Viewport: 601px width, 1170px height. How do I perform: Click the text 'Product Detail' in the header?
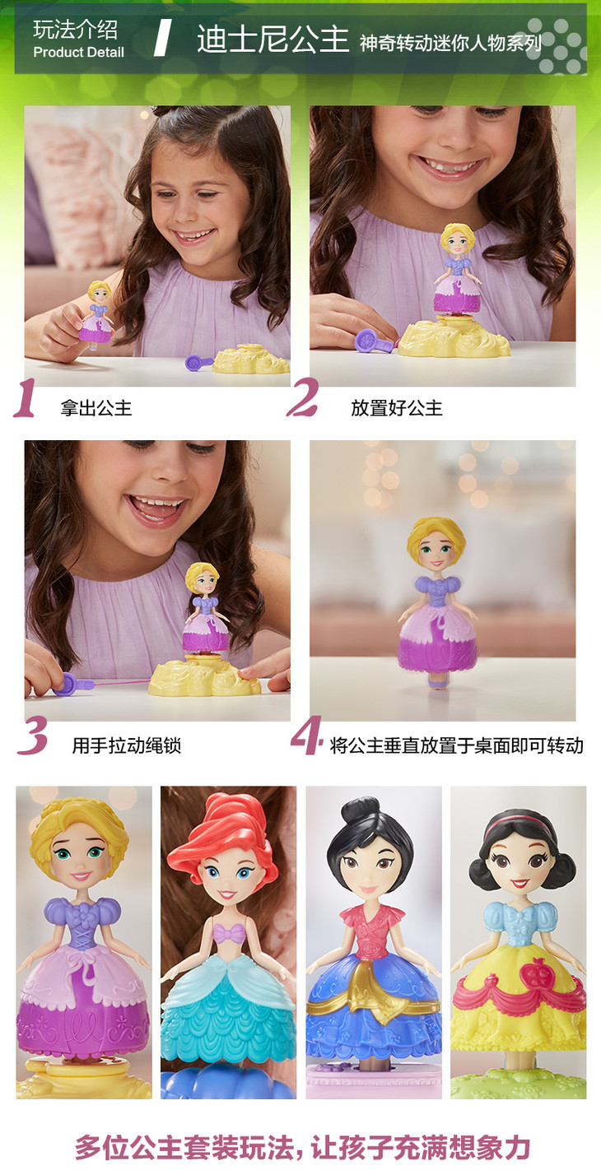coord(78,52)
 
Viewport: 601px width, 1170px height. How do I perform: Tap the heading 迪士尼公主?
coord(273,39)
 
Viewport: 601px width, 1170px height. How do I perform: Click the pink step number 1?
coord(25,398)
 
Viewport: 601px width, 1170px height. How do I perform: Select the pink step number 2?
coord(303,397)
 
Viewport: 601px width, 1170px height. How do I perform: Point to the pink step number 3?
coord(32,736)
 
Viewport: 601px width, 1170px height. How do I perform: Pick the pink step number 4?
coord(307,735)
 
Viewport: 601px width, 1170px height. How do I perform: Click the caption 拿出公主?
coord(96,408)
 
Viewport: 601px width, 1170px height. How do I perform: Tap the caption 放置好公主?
coord(397,408)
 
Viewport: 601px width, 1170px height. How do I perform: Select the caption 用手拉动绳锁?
coord(127,745)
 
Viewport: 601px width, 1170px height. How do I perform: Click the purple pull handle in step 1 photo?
coord(198,362)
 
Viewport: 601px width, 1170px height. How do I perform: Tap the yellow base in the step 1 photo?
coord(251,359)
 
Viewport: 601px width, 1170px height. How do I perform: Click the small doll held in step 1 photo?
coord(97,314)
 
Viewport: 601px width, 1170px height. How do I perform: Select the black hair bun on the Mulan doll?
coord(360,809)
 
